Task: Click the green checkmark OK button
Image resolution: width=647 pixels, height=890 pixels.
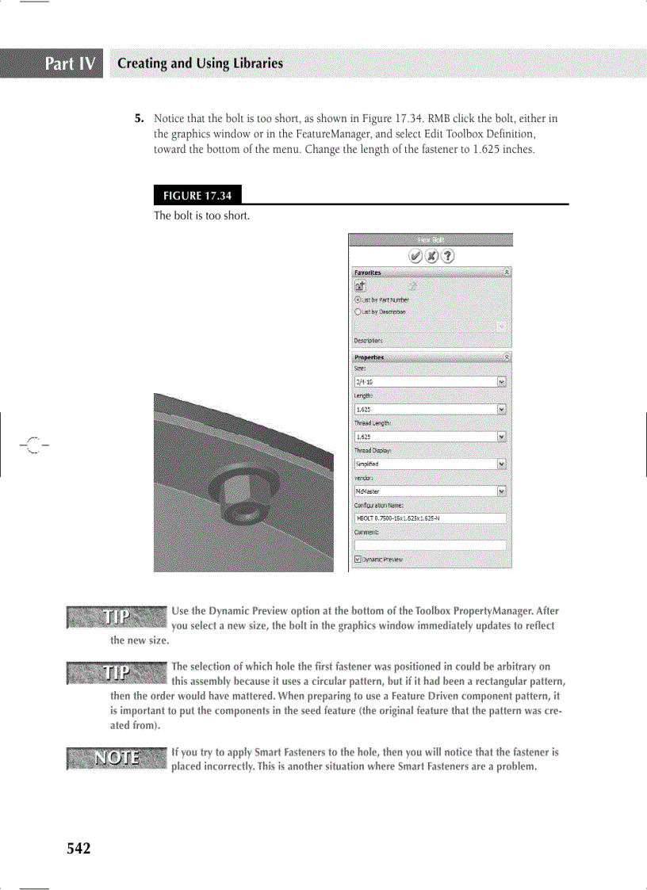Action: click(415, 255)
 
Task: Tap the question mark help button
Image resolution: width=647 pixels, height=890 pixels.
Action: click(449, 255)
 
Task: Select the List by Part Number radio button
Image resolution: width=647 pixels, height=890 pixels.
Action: click(358, 300)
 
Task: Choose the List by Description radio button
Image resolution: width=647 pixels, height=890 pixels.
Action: click(358, 311)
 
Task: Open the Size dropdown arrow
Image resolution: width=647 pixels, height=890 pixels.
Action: click(501, 382)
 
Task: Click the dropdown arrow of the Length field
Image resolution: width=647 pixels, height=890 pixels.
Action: click(501, 409)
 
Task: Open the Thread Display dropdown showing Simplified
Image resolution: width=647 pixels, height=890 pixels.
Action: click(501, 464)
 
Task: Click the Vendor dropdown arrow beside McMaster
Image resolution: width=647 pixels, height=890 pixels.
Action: click(501, 491)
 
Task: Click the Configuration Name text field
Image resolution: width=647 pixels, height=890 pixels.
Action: click(430, 518)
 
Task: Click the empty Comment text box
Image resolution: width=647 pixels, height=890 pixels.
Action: click(430, 545)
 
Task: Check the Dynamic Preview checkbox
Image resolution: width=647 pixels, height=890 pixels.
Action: click(358, 559)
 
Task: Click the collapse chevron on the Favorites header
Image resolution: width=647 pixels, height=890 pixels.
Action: click(507, 272)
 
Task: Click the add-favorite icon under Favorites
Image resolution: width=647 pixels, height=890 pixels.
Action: click(359, 286)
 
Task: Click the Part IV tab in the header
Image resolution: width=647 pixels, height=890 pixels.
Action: click(71, 63)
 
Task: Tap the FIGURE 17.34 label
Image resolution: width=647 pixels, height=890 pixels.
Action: click(197, 195)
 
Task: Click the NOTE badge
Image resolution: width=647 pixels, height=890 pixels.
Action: click(117, 758)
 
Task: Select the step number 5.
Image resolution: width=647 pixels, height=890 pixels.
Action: click(139, 119)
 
